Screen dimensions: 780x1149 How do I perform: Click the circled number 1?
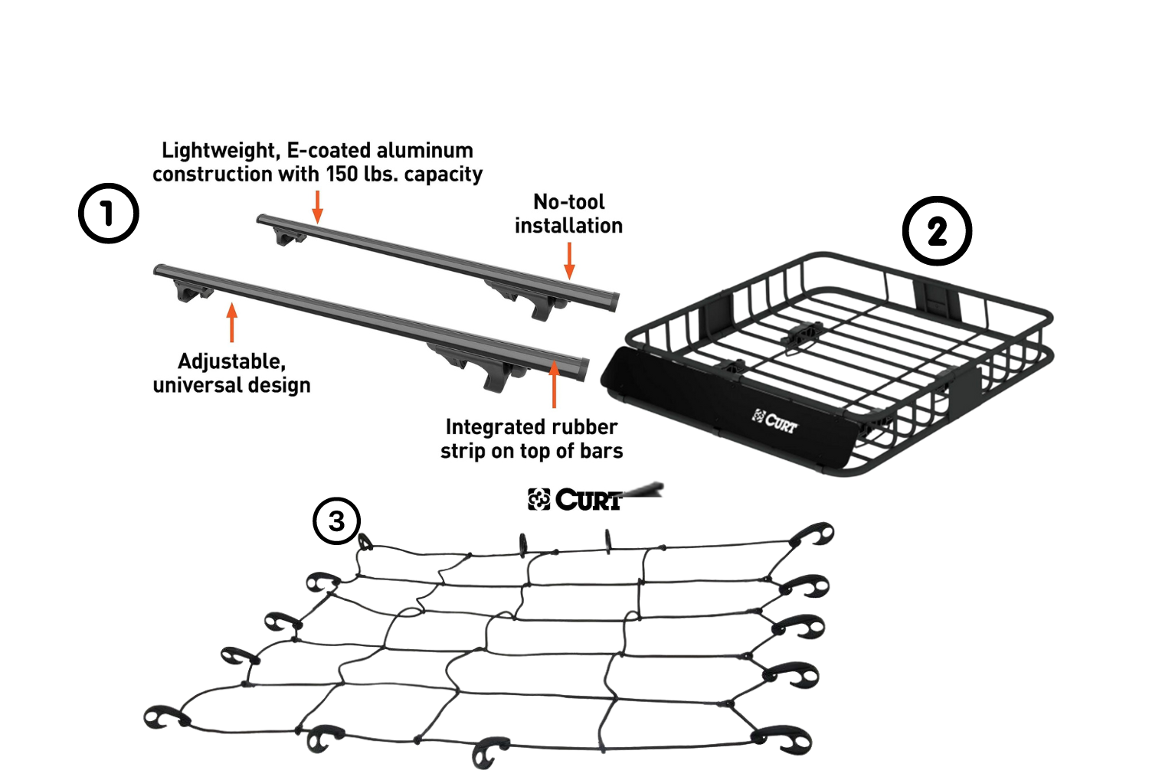click(109, 214)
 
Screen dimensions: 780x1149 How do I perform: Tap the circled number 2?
click(937, 231)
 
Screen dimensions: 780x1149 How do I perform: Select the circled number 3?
click(336, 521)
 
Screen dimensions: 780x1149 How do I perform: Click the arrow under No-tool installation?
click(569, 261)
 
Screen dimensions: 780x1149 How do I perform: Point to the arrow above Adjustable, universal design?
click(232, 322)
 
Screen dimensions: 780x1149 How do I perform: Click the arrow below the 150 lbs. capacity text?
click(317, 207)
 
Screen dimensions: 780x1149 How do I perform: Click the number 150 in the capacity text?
click(342, 175)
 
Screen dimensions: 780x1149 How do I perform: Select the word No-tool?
click(569, 202)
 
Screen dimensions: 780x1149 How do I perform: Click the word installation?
click(568, 226)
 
